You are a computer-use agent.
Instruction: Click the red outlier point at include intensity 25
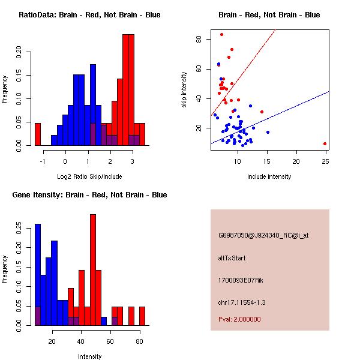[325, 143]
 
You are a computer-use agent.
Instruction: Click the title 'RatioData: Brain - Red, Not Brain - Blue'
[89, 14]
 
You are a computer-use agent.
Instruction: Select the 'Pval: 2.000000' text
[239, 319]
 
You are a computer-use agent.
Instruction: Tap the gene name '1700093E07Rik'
[239, 280]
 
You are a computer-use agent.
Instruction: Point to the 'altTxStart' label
[232, 258]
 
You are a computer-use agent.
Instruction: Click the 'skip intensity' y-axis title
[184, 90]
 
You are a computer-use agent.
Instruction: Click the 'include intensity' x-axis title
[269, 176]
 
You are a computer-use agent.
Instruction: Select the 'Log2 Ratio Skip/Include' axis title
[89, 176]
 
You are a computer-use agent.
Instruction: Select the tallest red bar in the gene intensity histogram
[93, 269]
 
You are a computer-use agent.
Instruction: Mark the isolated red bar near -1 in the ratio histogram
[38, 134]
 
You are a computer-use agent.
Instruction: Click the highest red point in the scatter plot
[221, 34]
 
